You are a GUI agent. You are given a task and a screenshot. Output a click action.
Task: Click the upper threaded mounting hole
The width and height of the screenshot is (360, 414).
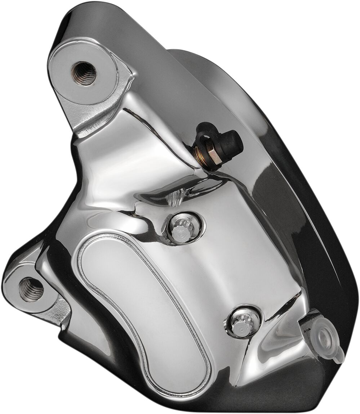tap(84, 73)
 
